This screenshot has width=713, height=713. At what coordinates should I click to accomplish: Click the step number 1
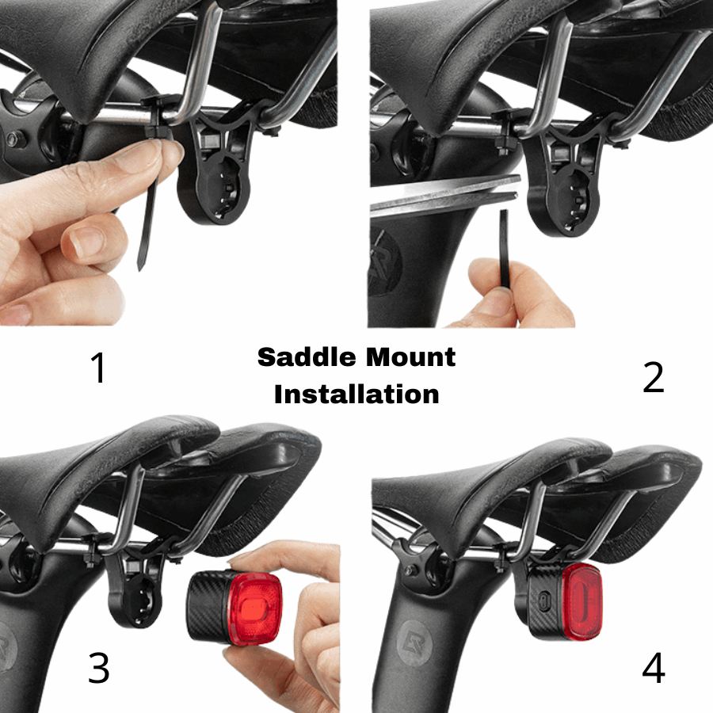pyautogui.click(x=99, y=368)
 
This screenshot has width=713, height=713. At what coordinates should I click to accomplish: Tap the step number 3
pyautogui.click(x=99, y=668)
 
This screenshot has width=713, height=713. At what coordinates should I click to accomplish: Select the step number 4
pyautogui.click(x=654, y=669)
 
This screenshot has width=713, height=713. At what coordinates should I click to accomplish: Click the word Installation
pyautogui.click(x=356, y=394)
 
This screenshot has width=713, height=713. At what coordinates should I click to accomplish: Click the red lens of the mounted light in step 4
pyautogui.click(x=582, y=601)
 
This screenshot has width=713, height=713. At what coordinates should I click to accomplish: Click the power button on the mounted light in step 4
pyautogui.click(x=542, y=602)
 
